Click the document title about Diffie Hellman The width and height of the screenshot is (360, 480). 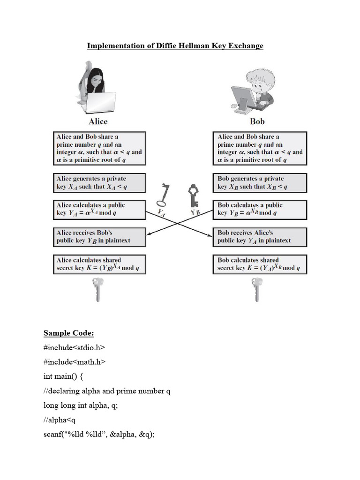pyautogui.click(x=175, y=45)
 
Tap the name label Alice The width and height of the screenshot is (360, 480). pyautogui.click(x=98, y=121)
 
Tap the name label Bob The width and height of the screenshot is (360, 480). pyautogui.click(x=257, y=121)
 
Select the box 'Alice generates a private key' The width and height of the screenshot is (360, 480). pyautogui.click(x=99, y=182)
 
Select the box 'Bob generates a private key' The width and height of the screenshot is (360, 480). pyautogui.click(x=260, y=182)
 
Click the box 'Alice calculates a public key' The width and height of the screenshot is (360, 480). pyautogui.click(x=99, y=209)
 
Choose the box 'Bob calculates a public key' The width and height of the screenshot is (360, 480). pyautogui.click(x=260, y=209)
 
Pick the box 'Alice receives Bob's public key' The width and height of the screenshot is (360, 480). pyautogui.click(x=99, y=236)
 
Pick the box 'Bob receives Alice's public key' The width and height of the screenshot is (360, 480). pyautogui.click(x=260, y=236)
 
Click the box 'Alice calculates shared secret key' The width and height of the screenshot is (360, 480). pyautogui.click(x=99, y=264)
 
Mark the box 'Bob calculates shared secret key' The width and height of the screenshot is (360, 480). pyautogui.click(x=260, y=264)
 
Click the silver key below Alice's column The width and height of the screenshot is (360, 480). pyautogui.click(x=97, y=289)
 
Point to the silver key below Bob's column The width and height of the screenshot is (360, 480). pyautogui.click(x=256, y=289)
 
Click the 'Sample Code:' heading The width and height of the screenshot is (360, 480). pyautogui.click(x=69, y=333)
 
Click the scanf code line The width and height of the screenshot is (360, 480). pyautogui.click(x=99, y=434)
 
